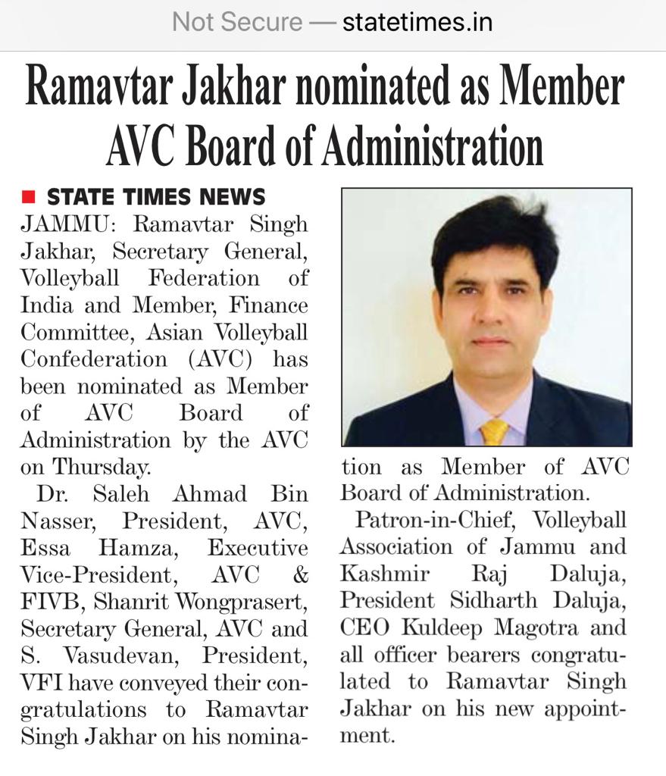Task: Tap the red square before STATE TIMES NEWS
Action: [28, 198]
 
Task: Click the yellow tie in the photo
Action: [494, 431]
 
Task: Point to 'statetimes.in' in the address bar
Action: [417, 23]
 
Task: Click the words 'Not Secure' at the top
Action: [236, 23]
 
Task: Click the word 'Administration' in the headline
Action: [432, 145]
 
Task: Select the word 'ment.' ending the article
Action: [367, 736]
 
